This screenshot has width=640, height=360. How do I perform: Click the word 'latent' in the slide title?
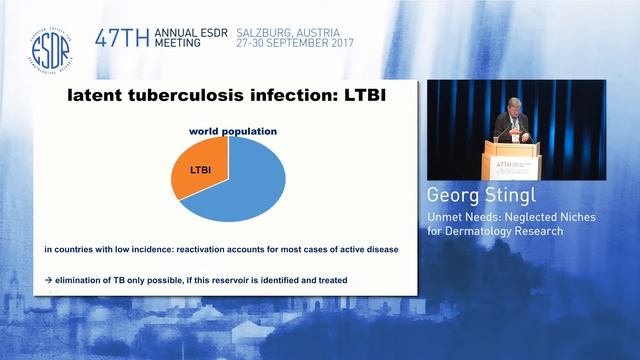pos(95,96)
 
